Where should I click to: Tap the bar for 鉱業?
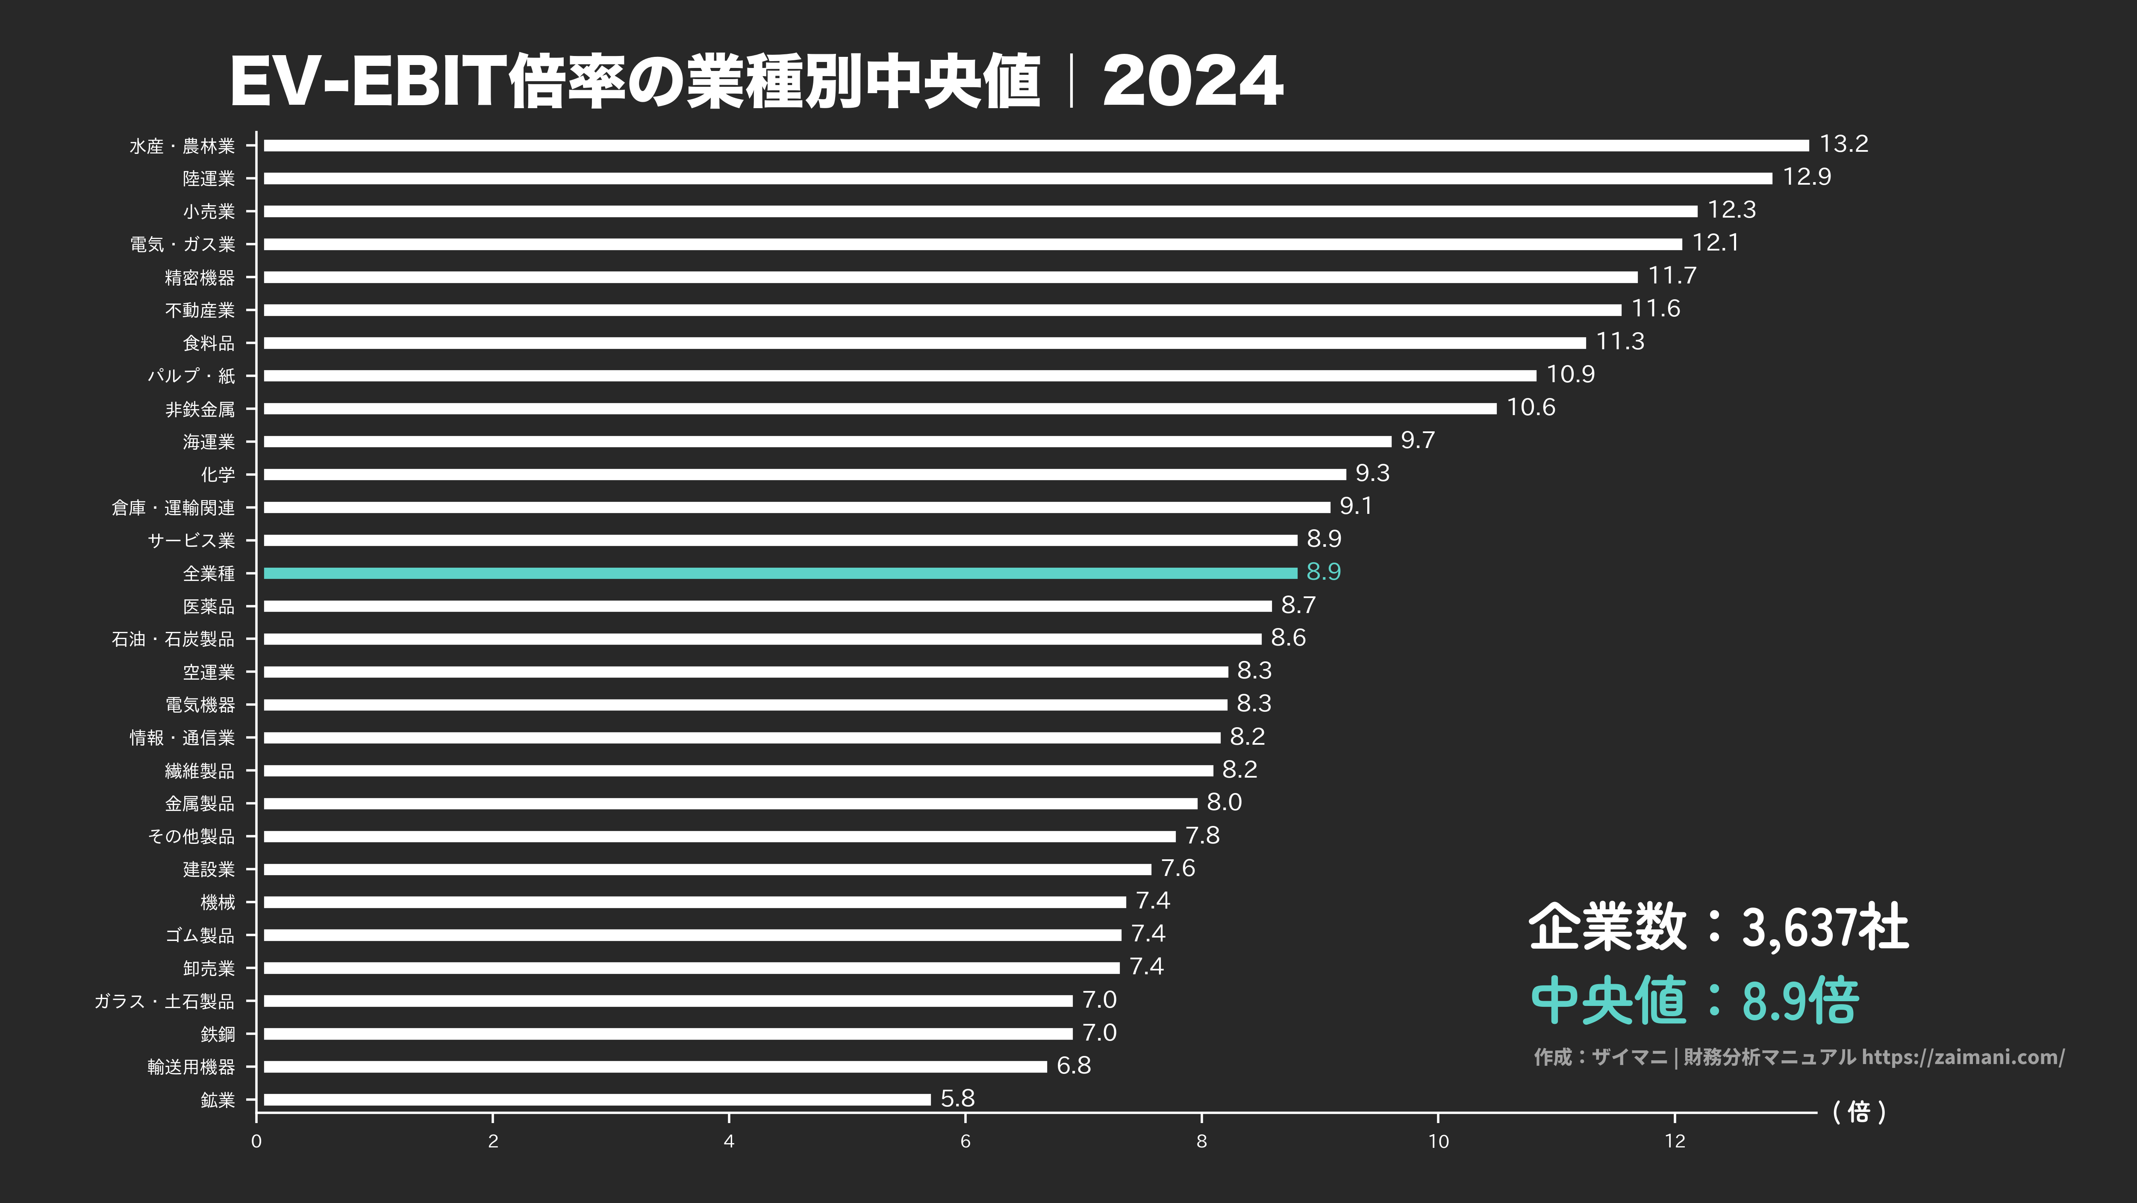(x=598, y=1099)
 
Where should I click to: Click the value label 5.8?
(x=957, y=1098)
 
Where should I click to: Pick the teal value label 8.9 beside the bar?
(x=1323, y=572)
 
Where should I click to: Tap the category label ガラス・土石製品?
(x=164, y=1001)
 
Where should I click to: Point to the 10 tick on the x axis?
(x=1438, y=1141)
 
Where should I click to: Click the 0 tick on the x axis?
(x=256, y=1141)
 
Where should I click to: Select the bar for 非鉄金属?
(x=879, y=408)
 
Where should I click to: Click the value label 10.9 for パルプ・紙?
(x=1569, y=374)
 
